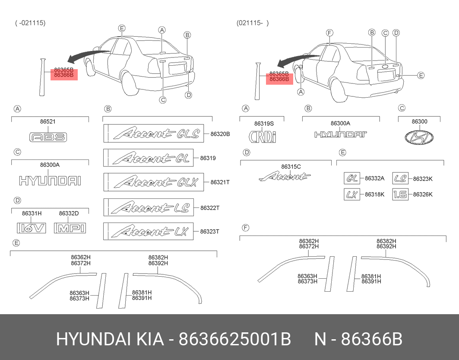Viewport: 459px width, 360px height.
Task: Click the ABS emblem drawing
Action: click(48, 137)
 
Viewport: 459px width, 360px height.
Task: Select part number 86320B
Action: click(220, 134)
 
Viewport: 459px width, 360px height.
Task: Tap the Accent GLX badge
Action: click(154, 182)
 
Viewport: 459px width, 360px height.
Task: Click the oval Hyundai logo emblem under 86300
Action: click(419, 137)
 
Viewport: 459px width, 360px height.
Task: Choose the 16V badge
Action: click(32, 228)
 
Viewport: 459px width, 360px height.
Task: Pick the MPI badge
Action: click(70, 228)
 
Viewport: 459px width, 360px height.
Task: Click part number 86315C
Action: click(291, 167)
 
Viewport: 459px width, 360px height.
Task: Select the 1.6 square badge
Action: click(400, 194)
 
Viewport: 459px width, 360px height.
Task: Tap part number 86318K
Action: click(374, 194)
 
